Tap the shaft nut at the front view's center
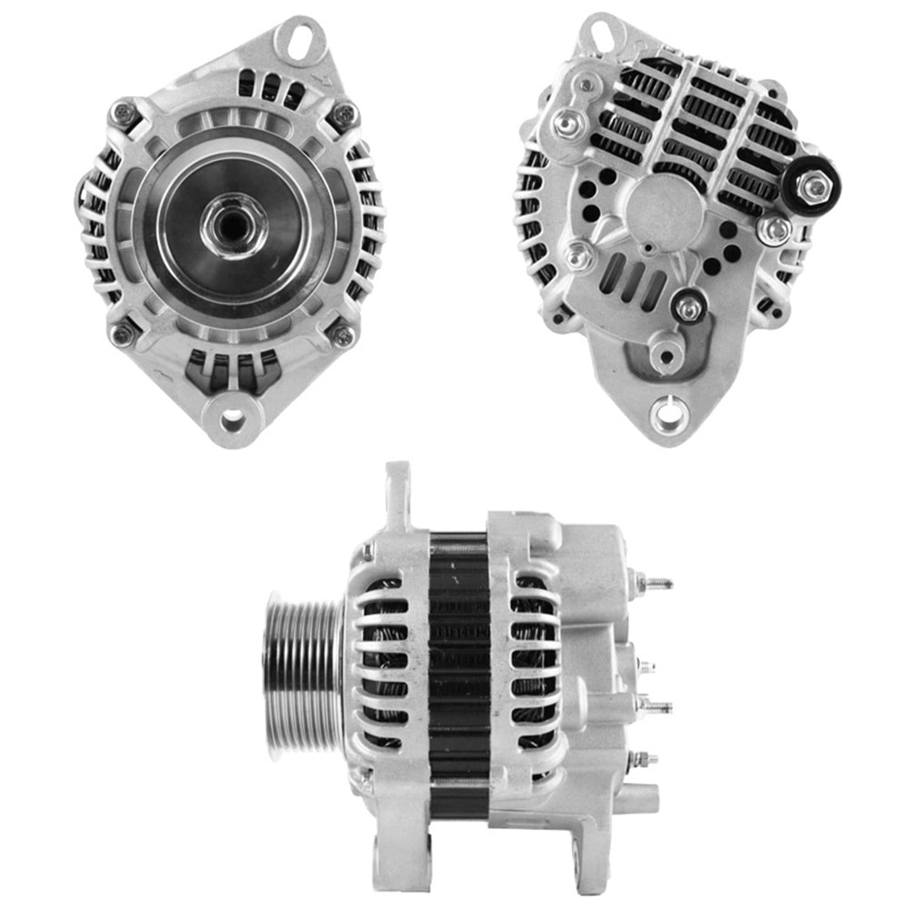(x=234, y=223)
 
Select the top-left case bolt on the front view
(x=123, y=114)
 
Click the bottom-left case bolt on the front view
(x=123, y=333)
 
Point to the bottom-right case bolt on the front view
(x=344, y=335)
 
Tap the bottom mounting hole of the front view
(x=232, y=419)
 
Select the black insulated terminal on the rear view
(x=811, y=187)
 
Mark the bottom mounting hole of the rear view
(x=667, y=414)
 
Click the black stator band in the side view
(x=459, y=672)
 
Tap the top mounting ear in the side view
(x=398, y=495)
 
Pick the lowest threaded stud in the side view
(x=642, y=758)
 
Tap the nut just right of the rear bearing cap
(x=775, y=230)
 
